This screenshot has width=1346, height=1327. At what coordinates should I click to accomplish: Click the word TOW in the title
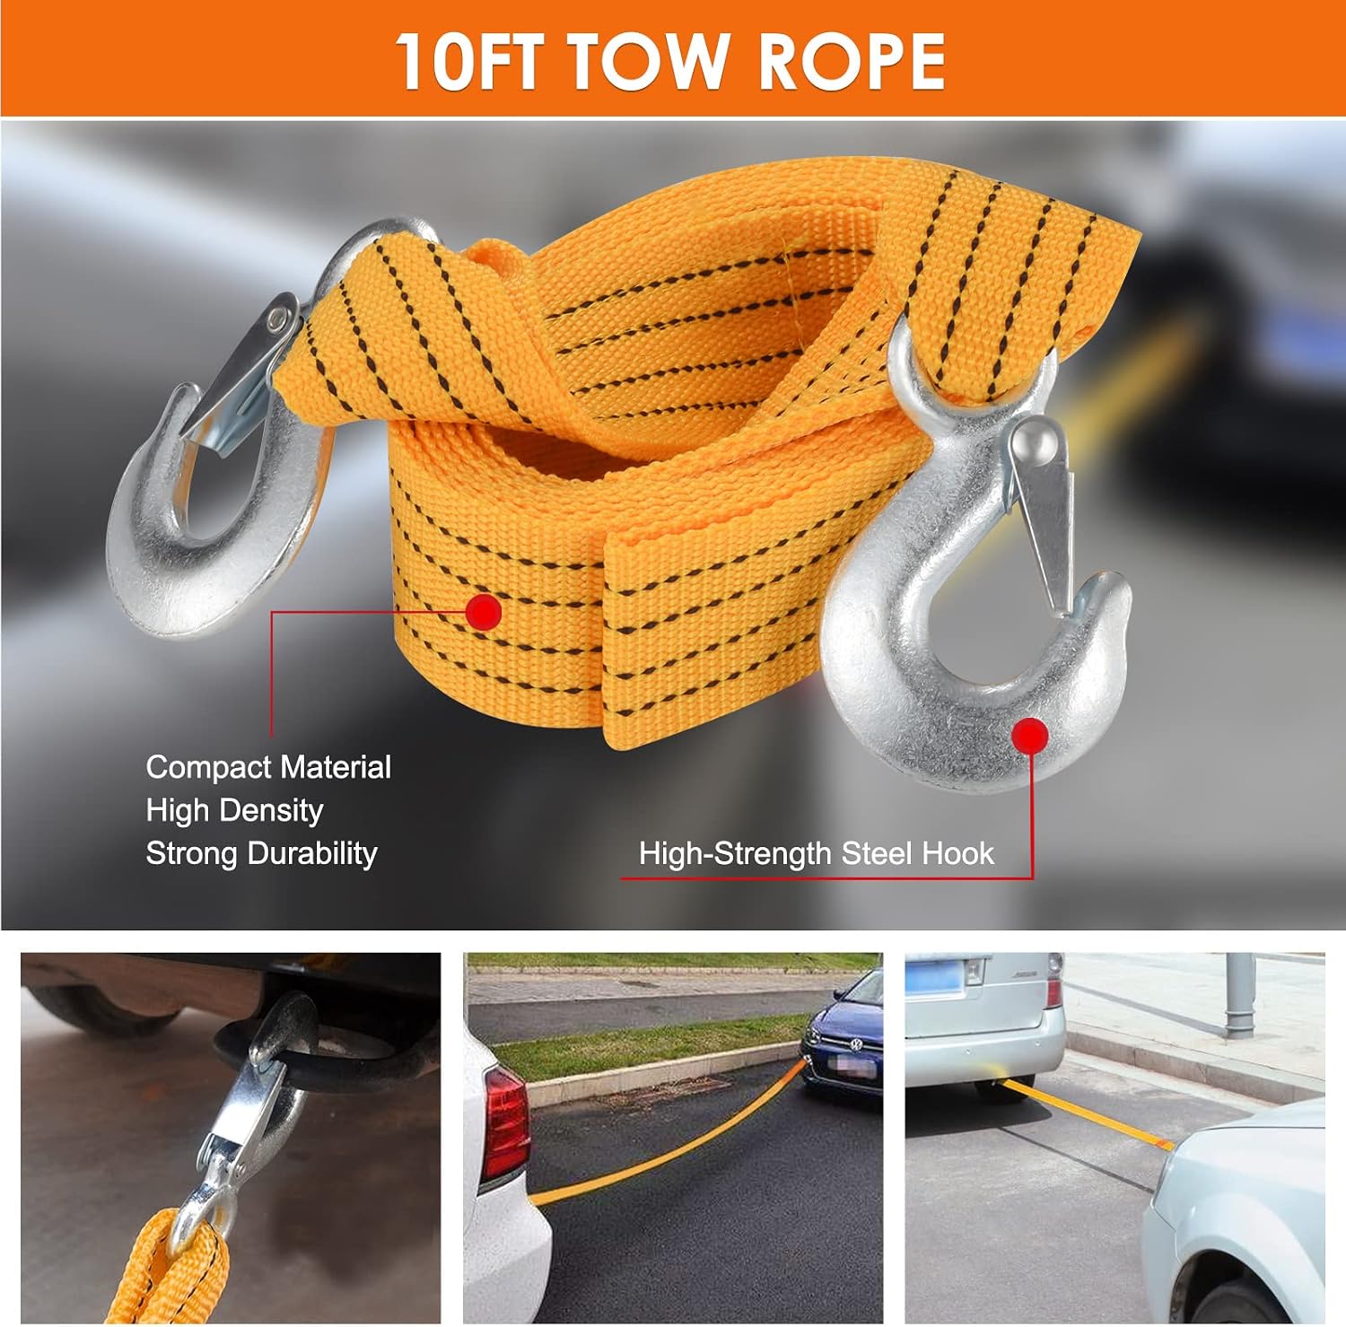[646, 60]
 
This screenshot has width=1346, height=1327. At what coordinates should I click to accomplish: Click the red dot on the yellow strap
[484, 612]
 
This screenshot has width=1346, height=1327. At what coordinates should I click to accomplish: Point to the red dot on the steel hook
[1029, 736]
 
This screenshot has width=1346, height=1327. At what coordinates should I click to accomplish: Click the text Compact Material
[268, 767]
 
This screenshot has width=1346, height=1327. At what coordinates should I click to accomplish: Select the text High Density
[234, 810]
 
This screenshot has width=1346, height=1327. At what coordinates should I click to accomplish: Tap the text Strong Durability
[261, 853]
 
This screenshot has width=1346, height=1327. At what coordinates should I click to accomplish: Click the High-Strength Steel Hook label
[816, 853]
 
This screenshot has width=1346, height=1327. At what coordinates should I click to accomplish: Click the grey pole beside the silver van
[1239, 995]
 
